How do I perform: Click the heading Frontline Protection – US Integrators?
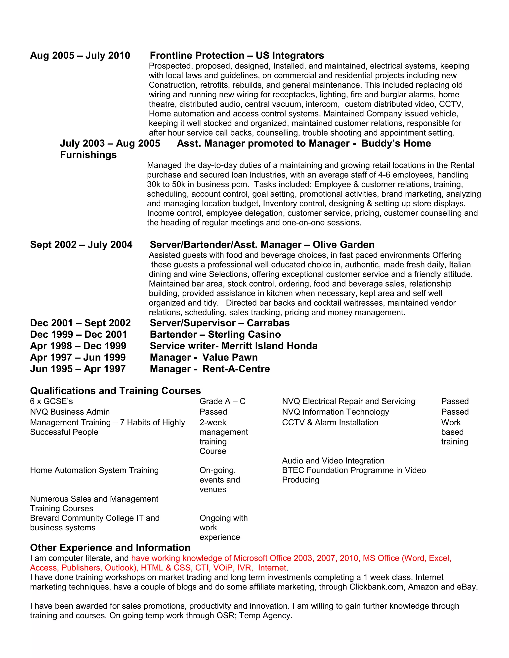click(x=237, y=55)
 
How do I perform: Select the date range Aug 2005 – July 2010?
click(x=80, y=55)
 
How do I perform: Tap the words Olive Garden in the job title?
click(x=343, y=245)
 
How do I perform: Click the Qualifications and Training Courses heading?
click(x=115, y=391)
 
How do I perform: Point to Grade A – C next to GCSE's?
click(x=222, y=401)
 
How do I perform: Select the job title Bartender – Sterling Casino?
click(x=215, y=334)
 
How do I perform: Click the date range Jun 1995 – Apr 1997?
click(x=78, y=369)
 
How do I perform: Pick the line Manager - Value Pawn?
click(x=204, y=357)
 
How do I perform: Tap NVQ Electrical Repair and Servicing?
click(x=348, y=401)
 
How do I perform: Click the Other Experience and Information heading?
click(x=110, y=548)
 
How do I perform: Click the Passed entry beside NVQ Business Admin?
click(x=213, y=412)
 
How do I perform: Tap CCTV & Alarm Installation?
click(x=330, y=422)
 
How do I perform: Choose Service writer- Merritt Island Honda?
click(x=233, y=346)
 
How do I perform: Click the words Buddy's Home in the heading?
click(x=396, y=144)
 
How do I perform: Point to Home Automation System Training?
click(x=94, y=470)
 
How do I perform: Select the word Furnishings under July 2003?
click(x=88, y=155)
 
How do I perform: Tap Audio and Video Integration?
click(x=333, y=461)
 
